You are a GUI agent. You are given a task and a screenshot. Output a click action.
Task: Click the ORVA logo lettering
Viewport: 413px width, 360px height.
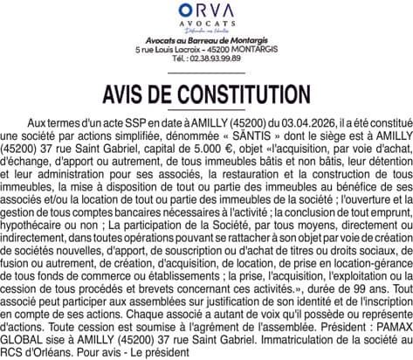(x=207, y=11)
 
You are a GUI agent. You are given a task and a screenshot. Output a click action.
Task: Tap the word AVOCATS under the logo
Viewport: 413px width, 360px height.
(x=207, y=25)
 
